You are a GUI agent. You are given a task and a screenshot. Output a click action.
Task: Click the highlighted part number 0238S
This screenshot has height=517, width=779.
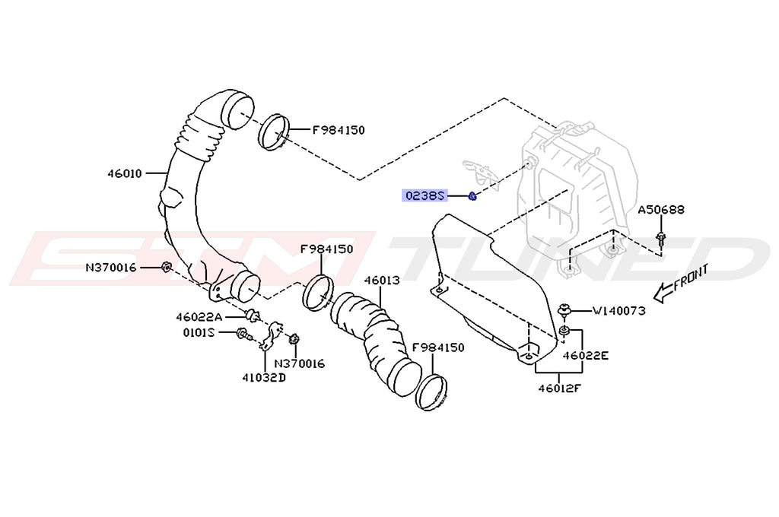pyautogui.click(x=424, y=195)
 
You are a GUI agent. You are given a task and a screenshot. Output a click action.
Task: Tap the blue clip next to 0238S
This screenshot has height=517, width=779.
pyautogui.click(x=472, y=196)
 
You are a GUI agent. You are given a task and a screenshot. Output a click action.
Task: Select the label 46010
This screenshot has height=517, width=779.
pyautogui.click(x=124, y=173)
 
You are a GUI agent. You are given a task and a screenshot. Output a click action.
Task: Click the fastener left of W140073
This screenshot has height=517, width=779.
pyautogui.click(x=565, y=310)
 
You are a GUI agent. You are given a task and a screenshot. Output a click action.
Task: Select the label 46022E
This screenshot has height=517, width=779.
pyautogui.click(x=586, y=354)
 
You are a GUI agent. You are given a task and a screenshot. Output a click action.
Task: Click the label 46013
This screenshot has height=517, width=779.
pyautogui.click(x=381, y=280)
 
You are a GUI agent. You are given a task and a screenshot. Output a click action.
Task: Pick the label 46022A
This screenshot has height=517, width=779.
pyautogui.click(x=199, y=317)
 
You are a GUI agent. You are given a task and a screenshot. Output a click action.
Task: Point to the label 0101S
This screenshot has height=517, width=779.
pyautogui.click(x=199, y=333)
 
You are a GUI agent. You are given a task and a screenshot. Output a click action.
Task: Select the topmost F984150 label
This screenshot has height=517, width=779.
pyautogui.click(x=339, y=130)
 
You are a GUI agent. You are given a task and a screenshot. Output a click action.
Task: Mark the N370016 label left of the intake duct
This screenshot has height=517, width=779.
pyautogui.click(x=111, y=267)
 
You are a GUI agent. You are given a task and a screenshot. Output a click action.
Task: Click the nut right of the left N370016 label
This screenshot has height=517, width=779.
pyautogui.click(x=165, y=266)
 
